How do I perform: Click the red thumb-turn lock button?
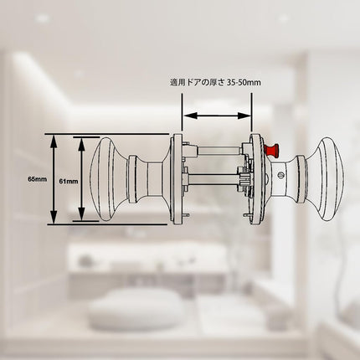pos(271,151)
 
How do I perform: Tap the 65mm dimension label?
pos(37,179)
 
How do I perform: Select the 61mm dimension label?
pos(69,181)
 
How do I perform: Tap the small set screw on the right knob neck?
pos(280,175)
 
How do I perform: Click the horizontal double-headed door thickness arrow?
pos(217,116)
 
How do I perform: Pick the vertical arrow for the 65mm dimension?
pos(54,179)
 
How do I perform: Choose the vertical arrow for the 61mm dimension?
pos(81,179)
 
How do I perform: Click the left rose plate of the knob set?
pos(177,179)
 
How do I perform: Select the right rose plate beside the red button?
pos(256,179)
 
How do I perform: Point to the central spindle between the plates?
pos(212,177)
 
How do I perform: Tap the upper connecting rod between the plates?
pos(219,152)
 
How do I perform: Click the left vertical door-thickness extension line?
pos(182,112)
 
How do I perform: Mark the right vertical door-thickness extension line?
pos(252,112)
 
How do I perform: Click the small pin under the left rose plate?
pos(186,215)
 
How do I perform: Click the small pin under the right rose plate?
pos(247,215)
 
